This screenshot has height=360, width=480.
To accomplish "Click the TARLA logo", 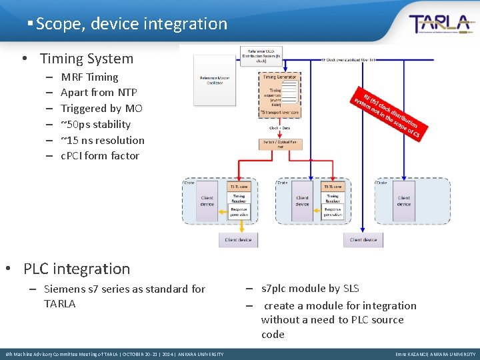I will click(x=441, y=24).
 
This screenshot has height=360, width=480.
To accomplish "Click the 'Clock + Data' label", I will click(x=281, y=128).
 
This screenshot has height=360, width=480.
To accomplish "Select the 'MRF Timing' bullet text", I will click(x=89, y=77).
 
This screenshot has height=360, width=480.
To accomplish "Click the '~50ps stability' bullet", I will click(x=95, y=125).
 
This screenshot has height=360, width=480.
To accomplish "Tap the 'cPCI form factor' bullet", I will click(x=100, y=156).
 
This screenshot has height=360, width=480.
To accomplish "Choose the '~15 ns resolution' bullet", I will click(x=102, y=140).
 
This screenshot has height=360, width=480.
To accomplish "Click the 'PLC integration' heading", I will click(x=77, y=269).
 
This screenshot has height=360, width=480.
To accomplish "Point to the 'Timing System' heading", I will click(x=87, y=59).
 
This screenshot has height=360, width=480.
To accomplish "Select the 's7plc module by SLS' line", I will click(x=310, y=289).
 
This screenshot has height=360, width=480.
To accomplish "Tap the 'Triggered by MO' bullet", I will click(x=101, y=109).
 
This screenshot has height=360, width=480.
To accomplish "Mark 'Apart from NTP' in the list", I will click(x=99, y=93).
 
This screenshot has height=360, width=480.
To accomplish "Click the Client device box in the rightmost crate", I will click(x=404, y=201).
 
